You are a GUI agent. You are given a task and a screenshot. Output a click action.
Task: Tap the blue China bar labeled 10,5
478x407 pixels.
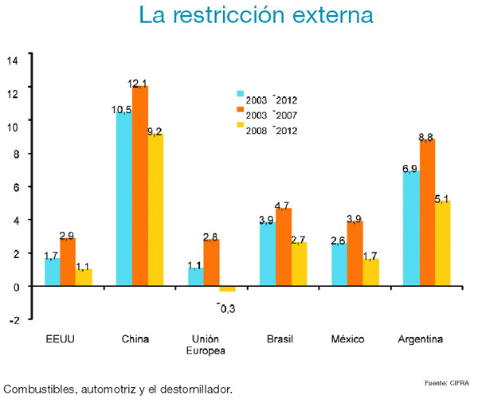pos(124,198)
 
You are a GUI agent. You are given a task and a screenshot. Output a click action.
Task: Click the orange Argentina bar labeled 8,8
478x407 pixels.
pos(427,212)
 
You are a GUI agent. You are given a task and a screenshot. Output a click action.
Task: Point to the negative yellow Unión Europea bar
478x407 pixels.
pos(227,288)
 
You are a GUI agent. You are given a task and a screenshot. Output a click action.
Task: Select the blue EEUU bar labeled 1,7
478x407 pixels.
pos(53,271)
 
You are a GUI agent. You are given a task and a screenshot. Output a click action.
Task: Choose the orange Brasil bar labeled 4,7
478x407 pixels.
pos(284,246)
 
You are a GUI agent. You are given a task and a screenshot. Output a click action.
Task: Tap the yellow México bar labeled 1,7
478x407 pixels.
pos(371,272)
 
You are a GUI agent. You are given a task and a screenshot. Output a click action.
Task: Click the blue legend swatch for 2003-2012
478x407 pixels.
pos(241,100)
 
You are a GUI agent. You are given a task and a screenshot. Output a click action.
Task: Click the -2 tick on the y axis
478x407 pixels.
pos(13,320)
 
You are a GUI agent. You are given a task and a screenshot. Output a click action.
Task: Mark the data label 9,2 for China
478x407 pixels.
pos(155,131)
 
